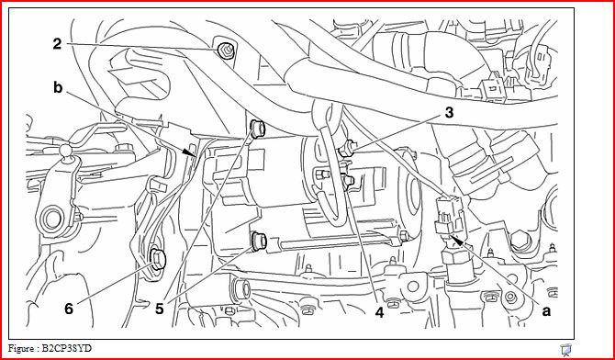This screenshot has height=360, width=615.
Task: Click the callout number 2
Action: (x=58, y=44)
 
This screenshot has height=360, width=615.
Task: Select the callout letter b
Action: (x=58, y=88)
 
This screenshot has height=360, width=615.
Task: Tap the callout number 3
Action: (x=449, y=113)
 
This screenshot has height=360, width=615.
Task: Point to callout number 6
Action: (x=69, y=309)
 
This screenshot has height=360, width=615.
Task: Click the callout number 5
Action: (x=159, y=309)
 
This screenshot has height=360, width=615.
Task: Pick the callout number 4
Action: (x=379, y=313)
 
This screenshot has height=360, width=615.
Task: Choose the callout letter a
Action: (x=546, y=311)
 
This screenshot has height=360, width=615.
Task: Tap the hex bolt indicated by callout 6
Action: (x=158, y=260)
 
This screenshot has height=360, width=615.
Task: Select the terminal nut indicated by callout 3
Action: (x=345, y=150)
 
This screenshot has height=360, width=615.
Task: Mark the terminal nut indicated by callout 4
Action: (x=347, y=181)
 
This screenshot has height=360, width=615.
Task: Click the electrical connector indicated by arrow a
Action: (x=449, y=216)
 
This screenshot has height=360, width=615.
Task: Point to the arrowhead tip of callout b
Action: (x=196, y=156)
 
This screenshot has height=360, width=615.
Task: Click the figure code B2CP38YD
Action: (x=67, y=348)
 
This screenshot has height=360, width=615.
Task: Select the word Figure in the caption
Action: (x=21, y=348)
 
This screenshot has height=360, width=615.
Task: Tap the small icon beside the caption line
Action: (x=565, y=348)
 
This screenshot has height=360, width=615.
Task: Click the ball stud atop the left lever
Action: (x=65, y=151)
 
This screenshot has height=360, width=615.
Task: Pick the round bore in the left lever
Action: (x=51, y=219)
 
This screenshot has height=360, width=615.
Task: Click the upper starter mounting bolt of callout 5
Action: (x=257, y=129)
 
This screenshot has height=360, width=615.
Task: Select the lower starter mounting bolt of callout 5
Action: (x=259, y=241)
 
